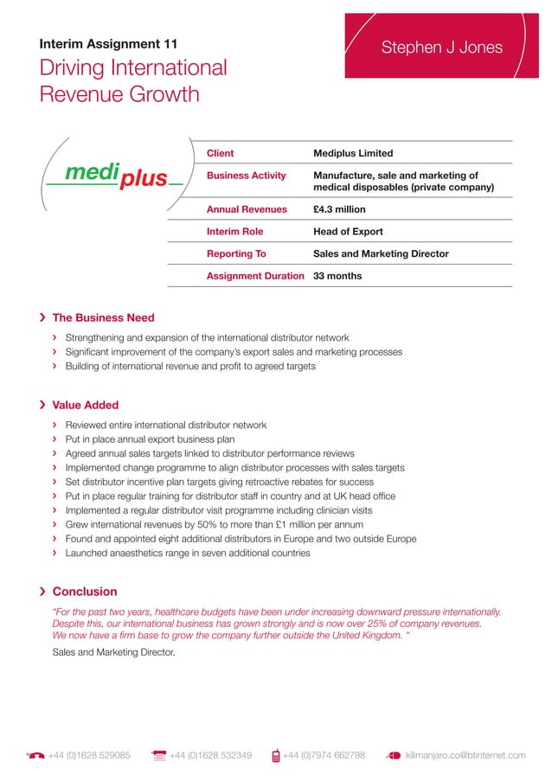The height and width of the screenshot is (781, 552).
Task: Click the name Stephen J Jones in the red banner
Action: click(x=441, y=48)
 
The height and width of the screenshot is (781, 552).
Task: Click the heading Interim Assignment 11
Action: click(x=110, y=44)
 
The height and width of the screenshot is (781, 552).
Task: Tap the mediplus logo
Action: click(x=115, y=175)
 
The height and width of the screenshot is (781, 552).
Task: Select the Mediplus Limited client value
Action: click(x=352, y=153)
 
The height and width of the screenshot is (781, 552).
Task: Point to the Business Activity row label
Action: click(x=246, y=176)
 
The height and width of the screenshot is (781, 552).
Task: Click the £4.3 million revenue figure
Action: click(x=339, y=209)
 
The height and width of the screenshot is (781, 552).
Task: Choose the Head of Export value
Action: click(x=347, y=232)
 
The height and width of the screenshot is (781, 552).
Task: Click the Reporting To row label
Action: click(x=235, y=254)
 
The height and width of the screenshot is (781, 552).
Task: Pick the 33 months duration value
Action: click(x=337, y=276)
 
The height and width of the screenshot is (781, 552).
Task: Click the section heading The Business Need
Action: click(x=103, y=317)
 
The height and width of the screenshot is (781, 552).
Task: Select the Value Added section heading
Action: click(x=86, y=405)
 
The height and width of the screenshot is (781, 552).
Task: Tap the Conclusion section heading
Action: click(x=85, y=592)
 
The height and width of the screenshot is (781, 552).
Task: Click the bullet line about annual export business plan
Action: click(x=150, y=439)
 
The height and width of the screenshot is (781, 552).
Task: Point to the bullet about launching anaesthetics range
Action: click(x=187, y=553)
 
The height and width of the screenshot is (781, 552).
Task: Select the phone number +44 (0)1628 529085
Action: click(x=89, y=755)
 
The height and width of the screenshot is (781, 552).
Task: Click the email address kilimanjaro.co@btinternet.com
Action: click(x=465, y=755)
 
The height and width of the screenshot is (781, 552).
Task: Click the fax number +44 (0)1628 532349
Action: click(x=210, y=755)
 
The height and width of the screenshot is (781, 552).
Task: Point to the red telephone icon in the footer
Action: click(x=35, y=755)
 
